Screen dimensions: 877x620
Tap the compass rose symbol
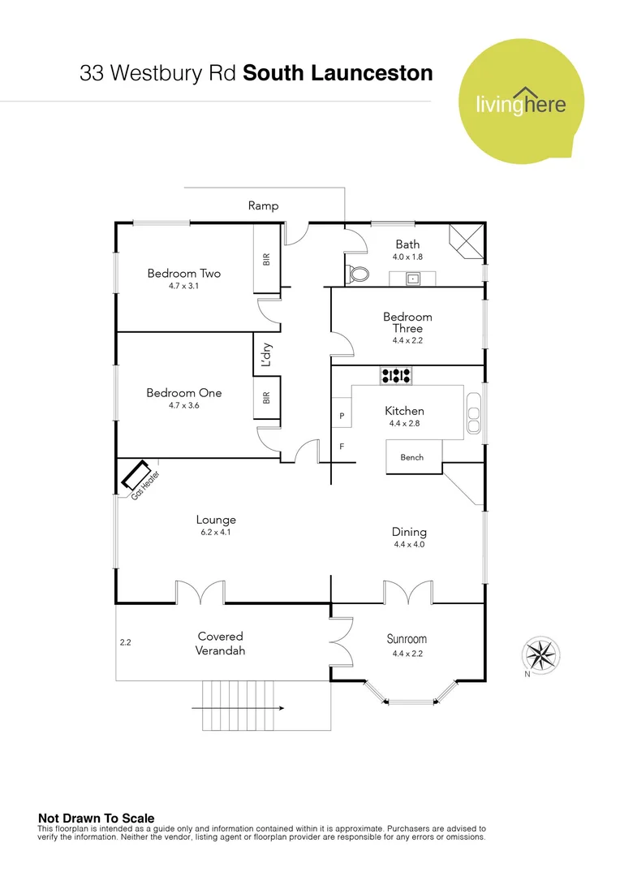click(x=543, y=653)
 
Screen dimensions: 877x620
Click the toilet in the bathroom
click(x=356, y=274)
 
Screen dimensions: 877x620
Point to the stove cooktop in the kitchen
click(x=396, y=375)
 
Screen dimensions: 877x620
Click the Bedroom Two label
click(x=183, y=274)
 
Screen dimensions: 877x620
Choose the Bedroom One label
click(x=183, y=393)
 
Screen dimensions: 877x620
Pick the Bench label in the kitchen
click(x=412, y=457)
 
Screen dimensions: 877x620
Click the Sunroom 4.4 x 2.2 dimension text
click(x=407, y=653)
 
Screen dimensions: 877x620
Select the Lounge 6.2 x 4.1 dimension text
click(x=216, y=533)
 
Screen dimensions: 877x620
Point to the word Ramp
click(x=263, y=206)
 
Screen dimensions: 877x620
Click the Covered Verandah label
click(x=220, y=643)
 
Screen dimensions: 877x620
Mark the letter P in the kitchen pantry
click(x=342, y=416)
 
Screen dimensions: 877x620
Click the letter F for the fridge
click(x=342, y=447)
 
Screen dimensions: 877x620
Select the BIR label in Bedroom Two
click(x=266, y=260)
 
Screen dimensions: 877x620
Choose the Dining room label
click(x=408, y=532)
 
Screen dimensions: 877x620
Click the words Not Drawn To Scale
click(x=96, y=819)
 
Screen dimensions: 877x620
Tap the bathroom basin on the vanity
click(x=413, y=279)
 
